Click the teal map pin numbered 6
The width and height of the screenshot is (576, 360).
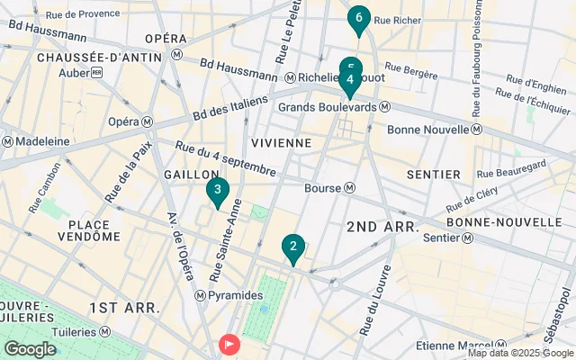(359, 18)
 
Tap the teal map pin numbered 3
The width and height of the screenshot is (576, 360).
(216, 191)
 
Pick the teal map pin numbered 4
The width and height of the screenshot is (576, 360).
(350, 81)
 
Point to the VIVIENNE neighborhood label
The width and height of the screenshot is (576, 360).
(281, 142)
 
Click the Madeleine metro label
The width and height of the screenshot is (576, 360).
(35, 141)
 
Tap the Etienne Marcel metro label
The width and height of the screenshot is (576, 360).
(452, 346)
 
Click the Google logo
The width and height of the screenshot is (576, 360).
(30, 349)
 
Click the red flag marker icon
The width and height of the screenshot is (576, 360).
(230, 344)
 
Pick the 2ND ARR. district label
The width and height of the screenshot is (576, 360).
(382, 228)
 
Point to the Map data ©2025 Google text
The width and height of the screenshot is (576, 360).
(518, 353)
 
